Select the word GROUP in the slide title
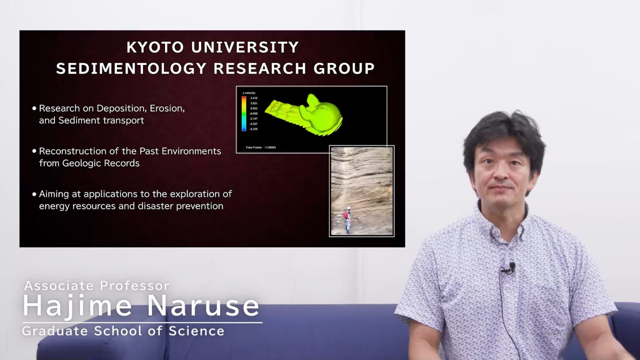(344, 69)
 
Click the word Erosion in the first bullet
(167, 108)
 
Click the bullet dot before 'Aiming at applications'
(34, 194)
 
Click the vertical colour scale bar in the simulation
(244, 113)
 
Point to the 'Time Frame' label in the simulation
(254, 147)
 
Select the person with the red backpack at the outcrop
(347, 219)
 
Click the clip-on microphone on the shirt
(512, 267)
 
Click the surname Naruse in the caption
(203, 306)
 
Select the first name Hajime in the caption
(77, 306)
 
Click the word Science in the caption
(197, 331)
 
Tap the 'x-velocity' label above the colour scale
(249, 93)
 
